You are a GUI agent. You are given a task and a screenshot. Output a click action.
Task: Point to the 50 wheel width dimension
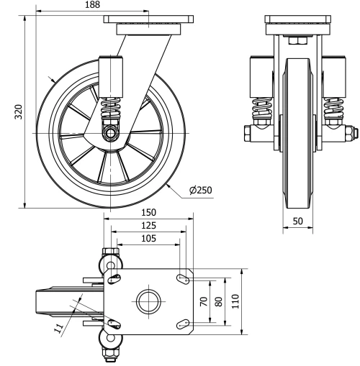click(x=297, y=222)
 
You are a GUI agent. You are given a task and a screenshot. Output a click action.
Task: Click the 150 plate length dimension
click(x=149, y=214)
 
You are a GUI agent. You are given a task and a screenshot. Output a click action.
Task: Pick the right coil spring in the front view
click(x=333, y=110)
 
